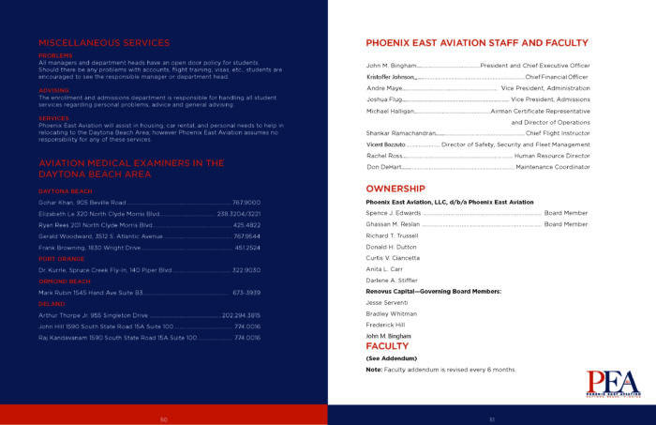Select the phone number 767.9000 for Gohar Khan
[246, 202]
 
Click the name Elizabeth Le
[55, 214]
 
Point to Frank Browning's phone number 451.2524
[247, 248]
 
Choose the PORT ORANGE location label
[61, 258]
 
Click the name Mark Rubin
[55, 293]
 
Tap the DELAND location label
[51, 304]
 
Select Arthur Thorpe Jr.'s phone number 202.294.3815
[241, 315]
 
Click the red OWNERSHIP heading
[395, 189]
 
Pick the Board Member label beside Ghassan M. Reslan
[566, 224]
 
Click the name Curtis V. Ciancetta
[393, 258]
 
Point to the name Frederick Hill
[385, 324]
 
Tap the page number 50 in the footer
[163, 419]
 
